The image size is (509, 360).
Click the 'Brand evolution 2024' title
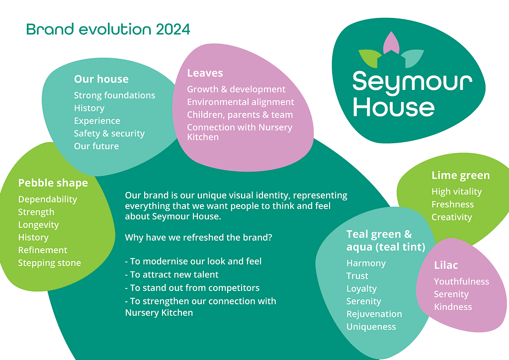click(x=108, y=29)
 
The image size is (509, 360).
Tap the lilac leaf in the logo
click(x=391, y=43)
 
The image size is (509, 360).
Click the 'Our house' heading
click(x=101, y=79)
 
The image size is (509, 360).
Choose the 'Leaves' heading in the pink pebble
click(x=205, y=73)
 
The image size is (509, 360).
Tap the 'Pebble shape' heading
click(x=53, y=183)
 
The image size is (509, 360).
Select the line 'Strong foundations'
click(x=115, y=95)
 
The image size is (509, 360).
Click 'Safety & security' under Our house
click(x=109, y=133)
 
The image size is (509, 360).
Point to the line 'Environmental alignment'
click(x=241, y=102)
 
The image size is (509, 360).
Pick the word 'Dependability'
click(x=48, y=199)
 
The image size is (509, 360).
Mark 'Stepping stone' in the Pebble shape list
click(x=50, y=263)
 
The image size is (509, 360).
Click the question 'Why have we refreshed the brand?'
click(x=198, y=238)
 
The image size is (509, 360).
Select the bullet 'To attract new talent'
click(x=171, y=274)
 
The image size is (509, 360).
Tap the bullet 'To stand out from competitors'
click(x=192, y=288)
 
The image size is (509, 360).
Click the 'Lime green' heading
click(x=461, y=176)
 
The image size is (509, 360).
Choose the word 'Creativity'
click(x=451, y=217)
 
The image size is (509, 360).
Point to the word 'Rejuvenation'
click(x=374, y=314)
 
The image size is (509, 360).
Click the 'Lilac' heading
click(x=446, y=265)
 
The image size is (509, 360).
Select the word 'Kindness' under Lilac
click(x=453, y=307)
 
